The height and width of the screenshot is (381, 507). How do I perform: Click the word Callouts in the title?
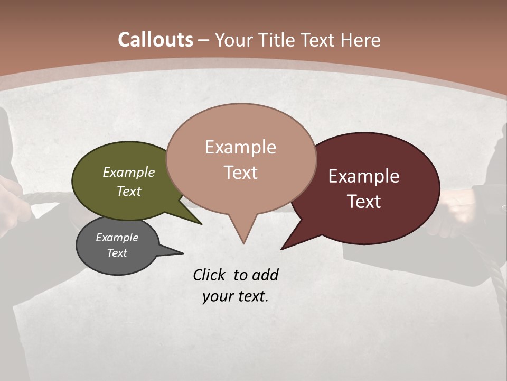pyautogui.click(x=155, y=40)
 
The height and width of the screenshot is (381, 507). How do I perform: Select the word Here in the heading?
pyautogui.click(x=359, y=40)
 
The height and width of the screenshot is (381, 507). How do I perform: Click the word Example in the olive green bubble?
pyautogui.click(x=128, y=172)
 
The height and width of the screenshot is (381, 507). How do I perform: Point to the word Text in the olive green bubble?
pyautogui.click(x=128, y=191)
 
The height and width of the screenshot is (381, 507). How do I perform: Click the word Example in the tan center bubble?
pyautogui.click(x=240, y=147)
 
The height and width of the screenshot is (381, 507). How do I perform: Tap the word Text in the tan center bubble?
pyautogui.click(x=240, y=172)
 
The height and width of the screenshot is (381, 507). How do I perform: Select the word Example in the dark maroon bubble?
pyautogui.click(x=364, y=176)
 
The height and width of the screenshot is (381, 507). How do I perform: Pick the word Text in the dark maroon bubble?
pyautogui.click(x=364, y=201)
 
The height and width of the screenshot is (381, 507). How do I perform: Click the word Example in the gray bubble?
pyautogui.click(x=117, y=238)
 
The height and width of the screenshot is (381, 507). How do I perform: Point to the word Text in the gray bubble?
pyautogui.click(x=117, y=253)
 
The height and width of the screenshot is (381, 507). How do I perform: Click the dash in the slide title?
pyautogui.click(x=204, y=40)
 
